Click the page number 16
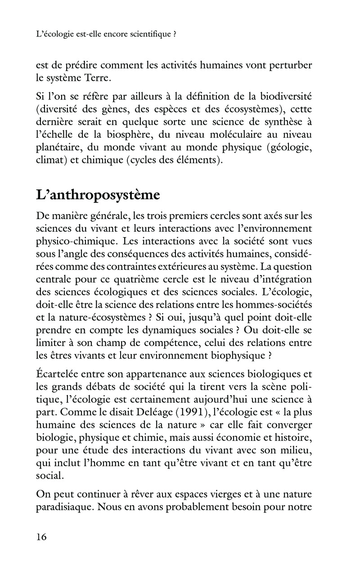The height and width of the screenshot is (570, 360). tap(41, 537)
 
